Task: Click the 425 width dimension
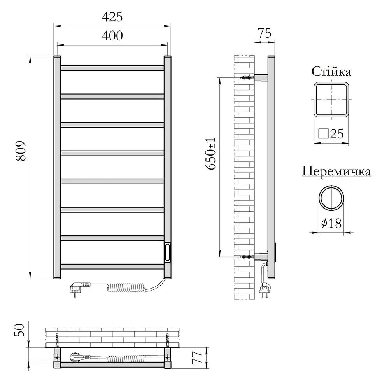click(112, 17)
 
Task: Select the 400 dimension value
click(112, 36)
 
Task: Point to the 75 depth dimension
click(265, 33)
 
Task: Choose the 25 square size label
click(331, 134)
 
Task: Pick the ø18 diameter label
click(331, 223)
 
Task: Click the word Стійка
click(331, 72)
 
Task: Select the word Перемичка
click(336, 172)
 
